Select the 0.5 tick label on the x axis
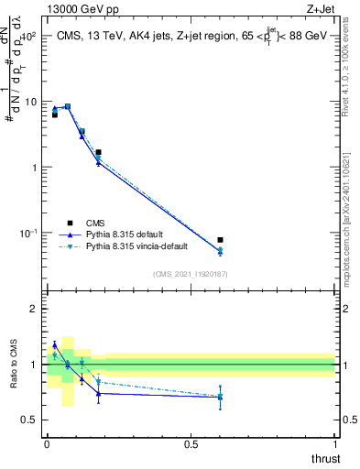pos(191,443)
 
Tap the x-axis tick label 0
pos(47,443)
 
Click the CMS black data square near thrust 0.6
pos(220,240)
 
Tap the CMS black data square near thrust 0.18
pos(98,152)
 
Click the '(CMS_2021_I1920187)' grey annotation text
pos(191,274)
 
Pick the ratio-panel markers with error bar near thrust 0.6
pos(220,397)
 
